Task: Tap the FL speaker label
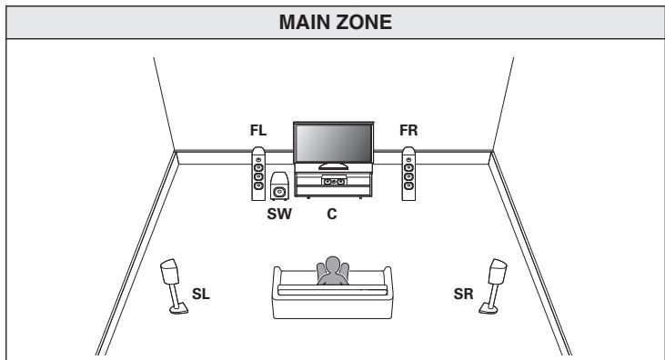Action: pos(258,131)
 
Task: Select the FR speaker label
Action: pos(408,131)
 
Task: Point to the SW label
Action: pos(278,215)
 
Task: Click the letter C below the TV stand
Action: pos(333,215)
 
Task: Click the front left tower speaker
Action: pos(259,175)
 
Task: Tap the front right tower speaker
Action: pos(408,175)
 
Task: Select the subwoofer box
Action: pos(280,188)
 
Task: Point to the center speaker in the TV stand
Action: pos(333,182)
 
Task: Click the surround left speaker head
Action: pos(169,273)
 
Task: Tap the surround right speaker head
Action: pos(496,273)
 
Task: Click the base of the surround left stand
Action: pos(178,312)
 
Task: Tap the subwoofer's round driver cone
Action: pos(279,192)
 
